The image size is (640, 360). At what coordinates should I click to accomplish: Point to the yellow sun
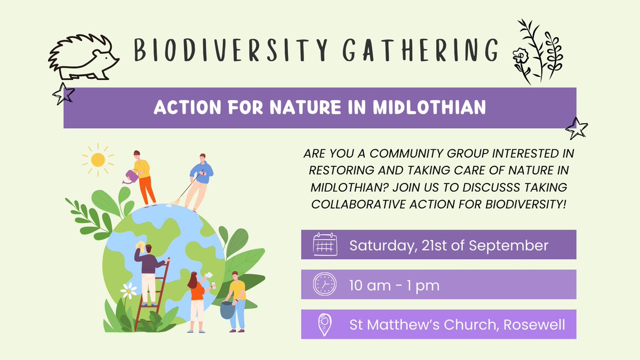pos(98,159)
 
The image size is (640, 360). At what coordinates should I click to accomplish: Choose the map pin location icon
pos(324,324)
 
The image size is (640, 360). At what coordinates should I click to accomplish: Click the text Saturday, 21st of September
pos(449,245)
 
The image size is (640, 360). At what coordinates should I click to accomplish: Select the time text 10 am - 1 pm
pos(394,285)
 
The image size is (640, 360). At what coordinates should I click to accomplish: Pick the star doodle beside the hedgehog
pos(62,93)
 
